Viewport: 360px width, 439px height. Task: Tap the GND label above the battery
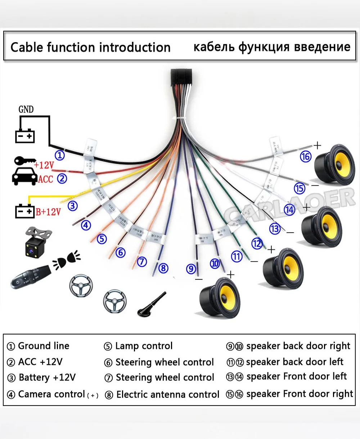pos(26,109)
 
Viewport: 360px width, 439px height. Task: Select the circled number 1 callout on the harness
pos(60,155)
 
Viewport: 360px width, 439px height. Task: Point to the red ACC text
pos(45,179)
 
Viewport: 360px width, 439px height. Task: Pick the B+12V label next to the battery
pos(48,211)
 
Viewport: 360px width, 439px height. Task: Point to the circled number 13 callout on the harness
pos(275,229)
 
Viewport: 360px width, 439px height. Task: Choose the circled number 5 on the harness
pos(102,238)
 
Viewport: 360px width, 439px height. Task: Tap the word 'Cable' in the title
pos(27,47)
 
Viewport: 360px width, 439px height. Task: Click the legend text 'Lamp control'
pos(144,346)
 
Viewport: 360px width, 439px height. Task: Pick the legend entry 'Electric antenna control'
pos(168,394)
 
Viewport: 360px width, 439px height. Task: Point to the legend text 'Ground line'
pos(44,346)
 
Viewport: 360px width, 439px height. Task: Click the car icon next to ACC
pos(24,177)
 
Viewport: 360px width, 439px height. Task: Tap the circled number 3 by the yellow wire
pos(73,206)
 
